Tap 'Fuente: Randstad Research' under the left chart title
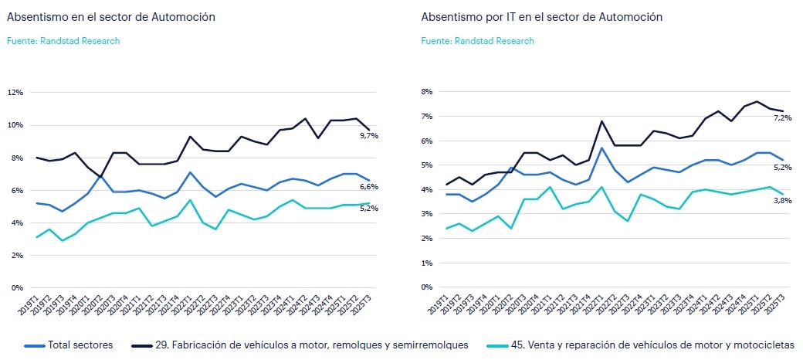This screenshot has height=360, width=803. tap(63, 41)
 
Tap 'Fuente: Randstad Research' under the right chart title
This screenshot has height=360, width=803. tap(477, 41)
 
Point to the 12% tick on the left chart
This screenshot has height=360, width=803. tap(15, 92)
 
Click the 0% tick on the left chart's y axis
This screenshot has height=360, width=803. tap(17, 288)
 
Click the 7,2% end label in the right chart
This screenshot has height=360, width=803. tap(781, 117)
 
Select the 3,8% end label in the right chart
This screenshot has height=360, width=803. tap(781, 200)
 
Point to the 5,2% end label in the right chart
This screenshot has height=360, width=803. tap(781, 166)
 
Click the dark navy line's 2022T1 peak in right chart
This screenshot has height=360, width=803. tap(601, 121)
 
